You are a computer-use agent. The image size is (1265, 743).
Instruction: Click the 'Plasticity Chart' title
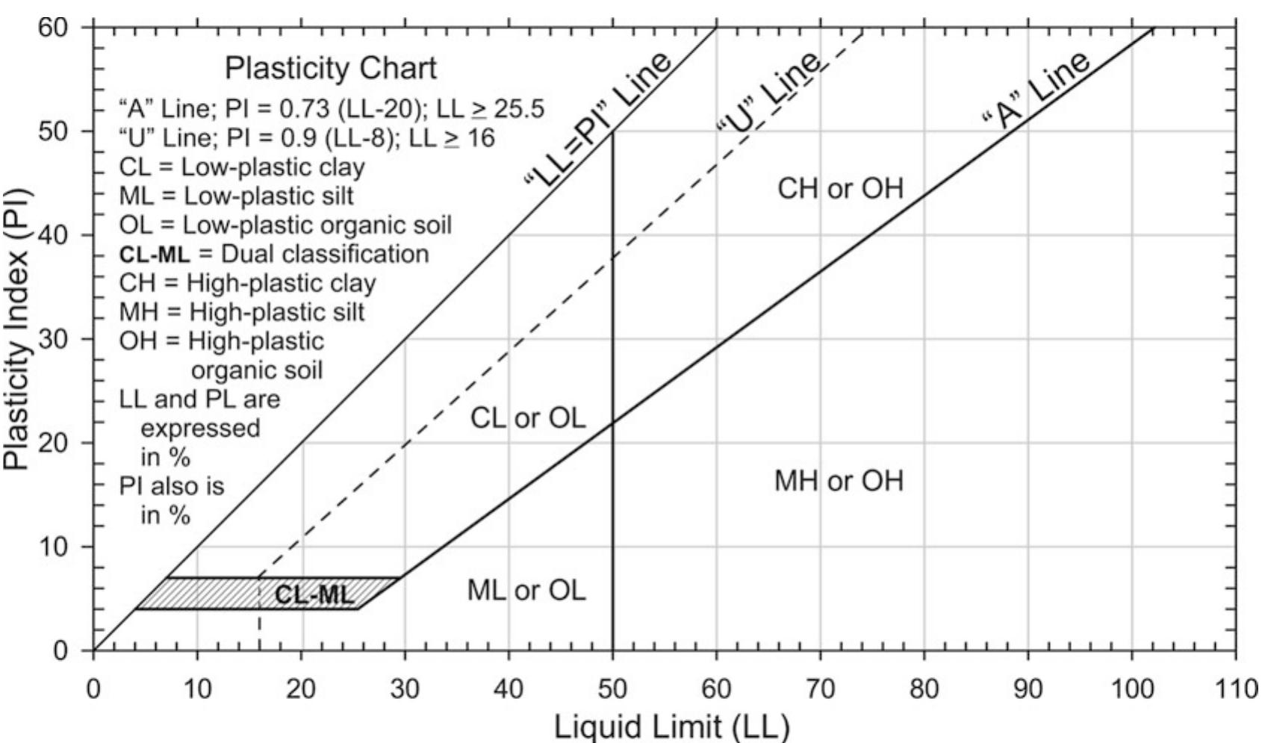[330, 69]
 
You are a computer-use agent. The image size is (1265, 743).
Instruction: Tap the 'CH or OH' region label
[840, 188]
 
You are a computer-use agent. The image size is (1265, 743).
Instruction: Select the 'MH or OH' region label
[839, 480]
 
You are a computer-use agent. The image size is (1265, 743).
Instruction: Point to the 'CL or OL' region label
[528, 418]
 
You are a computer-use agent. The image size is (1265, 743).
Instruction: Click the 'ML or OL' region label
[526, 591]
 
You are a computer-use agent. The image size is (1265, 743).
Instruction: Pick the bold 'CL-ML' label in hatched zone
[314, 594]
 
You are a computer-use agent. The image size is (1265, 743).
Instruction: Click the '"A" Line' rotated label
[1036, 91]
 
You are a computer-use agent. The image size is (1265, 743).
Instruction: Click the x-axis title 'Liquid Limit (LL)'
[671, 726]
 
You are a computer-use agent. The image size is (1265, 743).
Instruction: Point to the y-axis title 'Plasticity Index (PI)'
[16, 329]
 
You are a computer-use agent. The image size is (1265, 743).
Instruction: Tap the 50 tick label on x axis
[612, 688]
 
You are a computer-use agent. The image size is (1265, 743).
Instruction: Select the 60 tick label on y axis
[53, 28]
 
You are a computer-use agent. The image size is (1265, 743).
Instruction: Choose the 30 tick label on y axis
[53, 339]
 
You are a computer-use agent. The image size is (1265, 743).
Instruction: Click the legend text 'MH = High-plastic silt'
[242, 311]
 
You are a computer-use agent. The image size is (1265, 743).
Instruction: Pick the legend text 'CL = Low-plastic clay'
[242, 167]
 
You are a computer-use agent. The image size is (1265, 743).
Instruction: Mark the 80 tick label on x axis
[924, 688]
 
